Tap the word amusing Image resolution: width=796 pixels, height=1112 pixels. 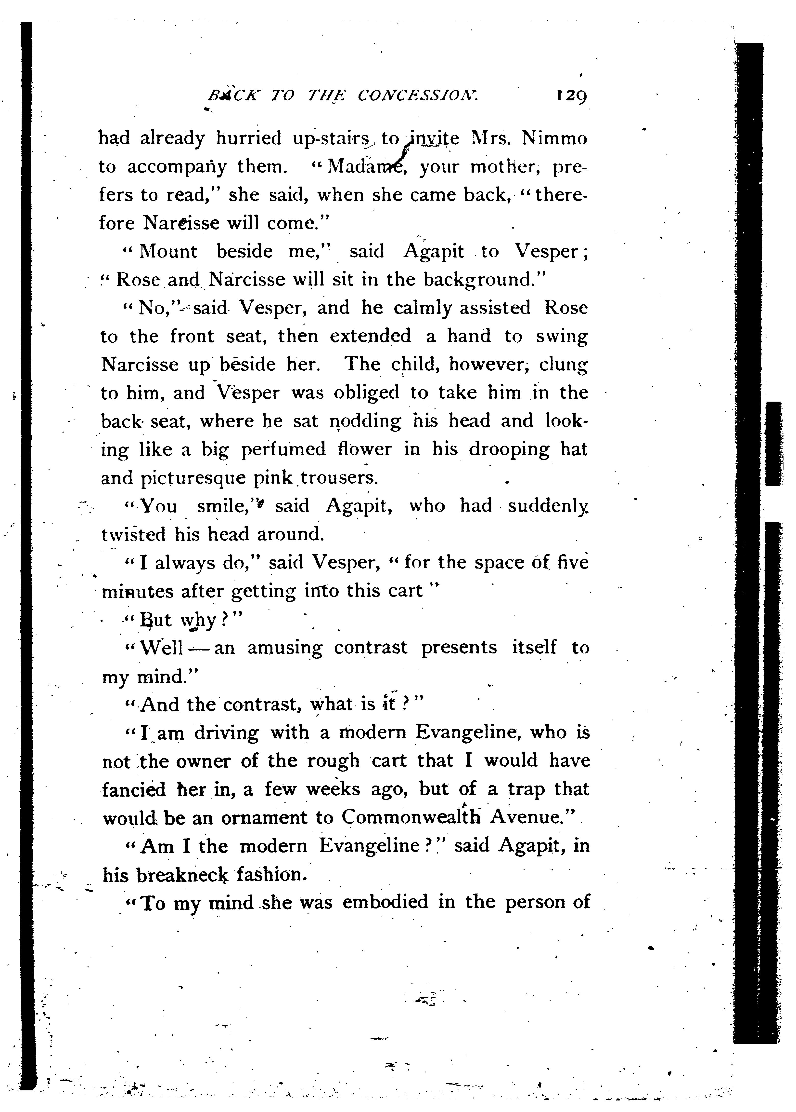click(x=285, y=649)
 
